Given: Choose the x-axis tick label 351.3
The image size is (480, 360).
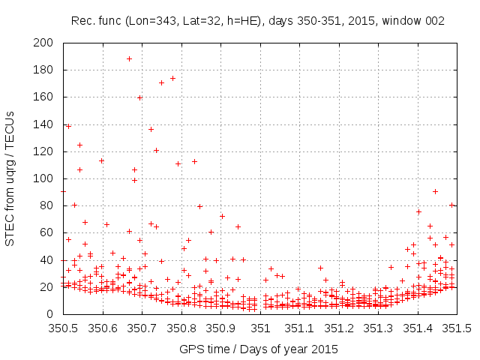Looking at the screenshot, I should click(x=379, y=328).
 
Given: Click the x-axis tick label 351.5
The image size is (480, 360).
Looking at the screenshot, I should click(x=459, y=328).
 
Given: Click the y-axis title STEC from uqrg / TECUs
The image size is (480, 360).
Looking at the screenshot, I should click(x=11, y=178).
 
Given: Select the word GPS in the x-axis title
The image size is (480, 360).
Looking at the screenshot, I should click(x=190, y=349).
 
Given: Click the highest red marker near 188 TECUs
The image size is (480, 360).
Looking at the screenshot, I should click(x=129, y=58).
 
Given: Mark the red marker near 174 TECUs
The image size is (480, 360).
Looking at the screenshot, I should click(x=172, y=78).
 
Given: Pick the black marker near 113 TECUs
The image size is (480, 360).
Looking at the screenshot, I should click(x=194, y=161).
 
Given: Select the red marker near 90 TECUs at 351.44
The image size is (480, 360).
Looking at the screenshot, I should click(x=435, y=191).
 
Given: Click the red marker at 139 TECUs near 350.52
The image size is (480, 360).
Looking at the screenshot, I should click(x=69, y=126).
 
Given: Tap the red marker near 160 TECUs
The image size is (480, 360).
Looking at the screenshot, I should click(x=140, y=97).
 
